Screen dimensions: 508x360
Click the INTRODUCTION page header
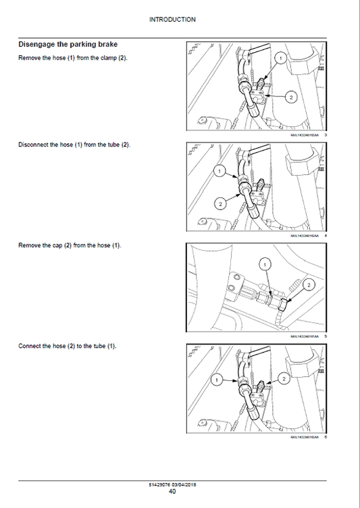pyautogui.click(x=172, y=20)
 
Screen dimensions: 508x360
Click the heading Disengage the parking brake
pyautogui.click(x=68, y=45)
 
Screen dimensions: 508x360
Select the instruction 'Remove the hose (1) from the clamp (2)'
pyautogui.click(x=73, y=57)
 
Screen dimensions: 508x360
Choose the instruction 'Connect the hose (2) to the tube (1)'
pyautogui.click(x=68, y=346)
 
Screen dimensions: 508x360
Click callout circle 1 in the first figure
pyautogui.click(x=282, y=59)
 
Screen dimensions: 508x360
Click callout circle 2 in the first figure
pyautogui.click(x=291, y=97)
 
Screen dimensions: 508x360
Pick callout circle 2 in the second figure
pyautogui.click(x=220, y=202)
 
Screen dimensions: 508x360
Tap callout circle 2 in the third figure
pyautogui.click(x=308, y=285)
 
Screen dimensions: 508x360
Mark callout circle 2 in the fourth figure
pyautogui.click(x=284, y=379)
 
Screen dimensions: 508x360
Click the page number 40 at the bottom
pyautogui.click(x=172, y=491)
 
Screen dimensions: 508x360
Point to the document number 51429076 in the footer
pyautogui.click(x=159, y=484)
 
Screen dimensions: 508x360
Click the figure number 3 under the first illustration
pyautogui.click(x=326, y=135)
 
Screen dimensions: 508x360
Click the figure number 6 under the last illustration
pyautogui.click(x=326, y=437)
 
